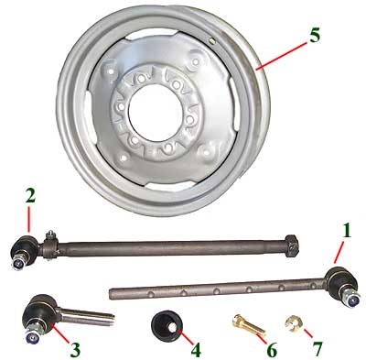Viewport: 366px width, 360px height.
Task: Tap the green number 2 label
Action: (30, 196)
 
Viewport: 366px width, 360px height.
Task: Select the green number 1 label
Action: (346, 231)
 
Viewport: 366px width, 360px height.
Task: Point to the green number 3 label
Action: (75, 350)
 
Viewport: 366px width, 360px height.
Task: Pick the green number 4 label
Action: (196, 350)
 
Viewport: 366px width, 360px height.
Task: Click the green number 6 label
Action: (272, 350)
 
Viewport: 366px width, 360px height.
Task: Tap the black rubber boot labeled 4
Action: (167, 326)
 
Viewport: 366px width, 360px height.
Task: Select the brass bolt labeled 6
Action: (248, 326)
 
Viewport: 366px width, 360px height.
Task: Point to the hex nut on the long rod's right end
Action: (291, 246)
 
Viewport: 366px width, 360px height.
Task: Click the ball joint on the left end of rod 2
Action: (24, 252)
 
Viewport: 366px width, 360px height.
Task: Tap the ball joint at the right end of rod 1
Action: (343, 287)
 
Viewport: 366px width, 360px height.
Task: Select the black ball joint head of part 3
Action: (39, 313)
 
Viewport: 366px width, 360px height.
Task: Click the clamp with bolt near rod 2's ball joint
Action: (49, 245)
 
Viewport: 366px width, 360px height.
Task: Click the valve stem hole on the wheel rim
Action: (210, 40)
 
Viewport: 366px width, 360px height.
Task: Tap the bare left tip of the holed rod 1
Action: (112, 294)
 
